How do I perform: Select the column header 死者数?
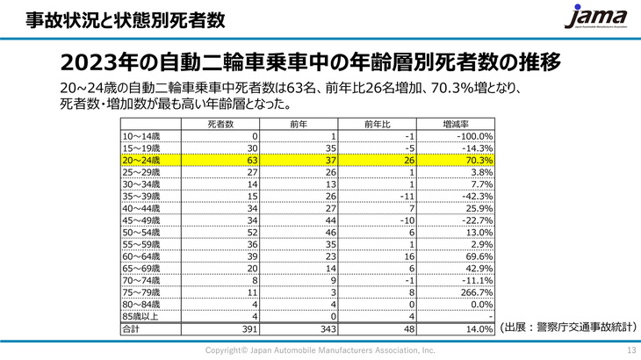[x=220, y=124]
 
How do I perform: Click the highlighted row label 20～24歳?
[x=142, y=161]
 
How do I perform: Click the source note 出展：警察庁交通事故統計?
[x=566, y=326]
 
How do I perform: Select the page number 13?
[x=630, y=350]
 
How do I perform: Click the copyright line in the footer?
[x=320, y=350]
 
